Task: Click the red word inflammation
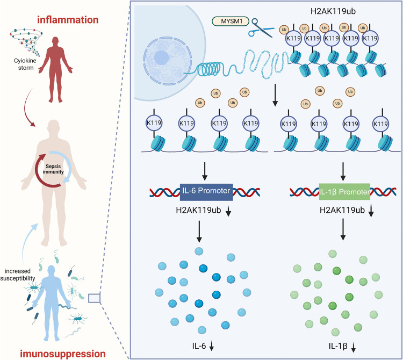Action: point(68,20)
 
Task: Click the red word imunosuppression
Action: point(63,354)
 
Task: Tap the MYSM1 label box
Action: point(231,21)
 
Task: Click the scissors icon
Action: point(261,28)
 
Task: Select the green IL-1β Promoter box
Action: point(344,192)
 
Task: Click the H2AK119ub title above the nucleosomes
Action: point(333,11)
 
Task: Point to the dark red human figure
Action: point(55,69)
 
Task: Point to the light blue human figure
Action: point(52,303)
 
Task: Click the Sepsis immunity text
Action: point(53,169)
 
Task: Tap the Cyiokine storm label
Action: point(25,64)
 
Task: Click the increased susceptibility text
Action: point(18,275)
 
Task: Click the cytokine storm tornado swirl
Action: point(26,42)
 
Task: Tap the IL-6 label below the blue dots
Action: point(199,346)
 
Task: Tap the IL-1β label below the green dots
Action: point(338,346)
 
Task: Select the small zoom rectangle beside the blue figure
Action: point(95,298)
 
